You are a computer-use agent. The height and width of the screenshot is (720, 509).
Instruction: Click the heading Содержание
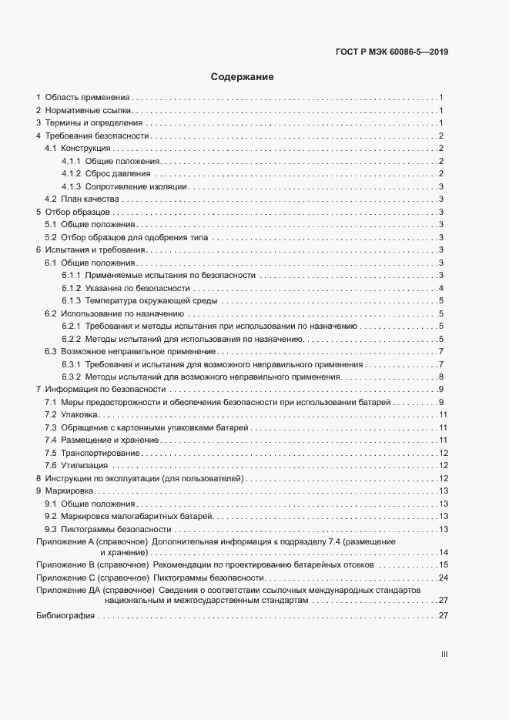coord(243,78)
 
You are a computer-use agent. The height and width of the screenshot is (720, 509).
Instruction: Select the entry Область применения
coord(86,98)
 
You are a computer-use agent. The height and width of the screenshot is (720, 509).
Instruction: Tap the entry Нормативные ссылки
coord(89,111)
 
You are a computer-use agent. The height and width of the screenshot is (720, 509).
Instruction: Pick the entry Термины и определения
coord(93,123)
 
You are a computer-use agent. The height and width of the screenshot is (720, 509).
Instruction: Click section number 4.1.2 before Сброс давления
coord(72,174)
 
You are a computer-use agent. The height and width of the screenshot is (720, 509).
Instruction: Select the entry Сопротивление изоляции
coord(136,186)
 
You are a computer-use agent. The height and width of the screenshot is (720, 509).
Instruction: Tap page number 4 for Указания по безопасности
coord(440,288)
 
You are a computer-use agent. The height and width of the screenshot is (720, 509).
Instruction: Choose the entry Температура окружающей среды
coord(151,300)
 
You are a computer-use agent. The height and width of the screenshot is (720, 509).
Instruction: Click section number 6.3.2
coord(72,377)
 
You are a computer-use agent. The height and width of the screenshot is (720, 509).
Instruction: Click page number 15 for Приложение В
coord(443,564)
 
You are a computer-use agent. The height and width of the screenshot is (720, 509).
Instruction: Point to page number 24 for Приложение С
coord(443,578)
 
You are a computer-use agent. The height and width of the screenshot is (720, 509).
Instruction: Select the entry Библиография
coord(65,616)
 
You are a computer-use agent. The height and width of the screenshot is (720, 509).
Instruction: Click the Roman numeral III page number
coord(444,655)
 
